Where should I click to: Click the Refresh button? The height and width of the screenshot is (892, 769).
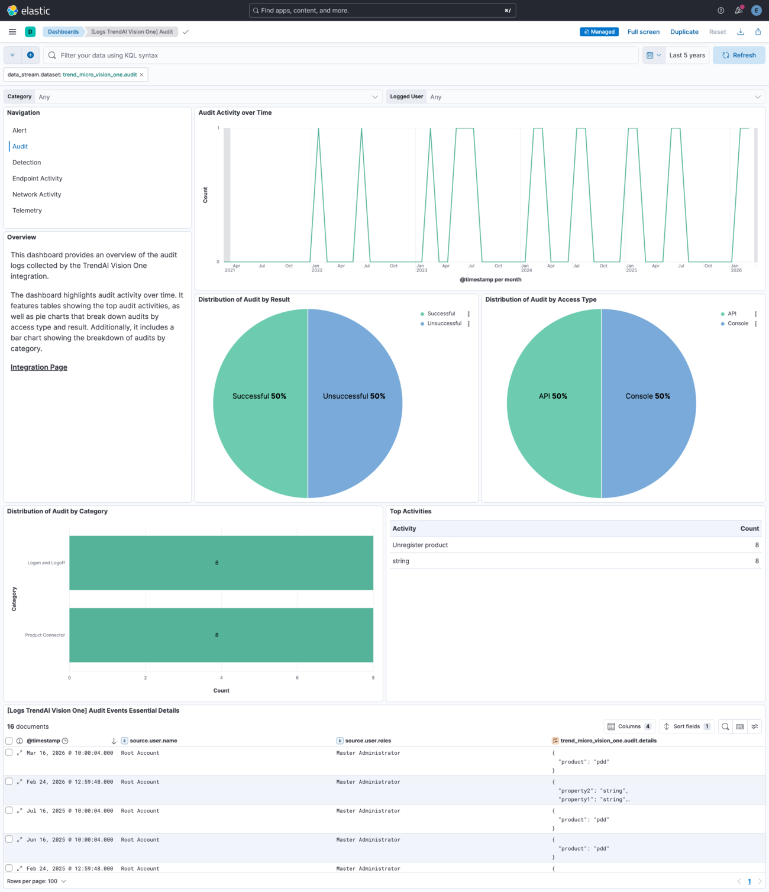[739, 55]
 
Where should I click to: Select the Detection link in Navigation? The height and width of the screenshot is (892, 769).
[27, 162]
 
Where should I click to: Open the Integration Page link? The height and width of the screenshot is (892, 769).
[39, 367]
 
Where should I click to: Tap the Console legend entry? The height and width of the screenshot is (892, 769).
[738, 324]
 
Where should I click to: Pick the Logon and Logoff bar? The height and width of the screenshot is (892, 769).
[221, 563]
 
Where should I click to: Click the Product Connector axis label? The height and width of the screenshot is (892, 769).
[45, 635]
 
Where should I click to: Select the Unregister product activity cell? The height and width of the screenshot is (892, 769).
[420, 545]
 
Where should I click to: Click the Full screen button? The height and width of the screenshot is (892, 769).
[643, 32]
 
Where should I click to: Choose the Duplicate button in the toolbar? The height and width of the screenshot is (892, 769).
[684, 32]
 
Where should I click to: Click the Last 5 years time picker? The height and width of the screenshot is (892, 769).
[687, 55]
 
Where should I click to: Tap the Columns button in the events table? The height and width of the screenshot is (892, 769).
[629, 726]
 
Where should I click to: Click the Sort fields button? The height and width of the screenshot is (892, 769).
[686, 726]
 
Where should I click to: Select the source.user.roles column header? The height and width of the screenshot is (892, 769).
[368, 741]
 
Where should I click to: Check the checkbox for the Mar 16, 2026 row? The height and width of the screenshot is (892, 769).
[9, 752]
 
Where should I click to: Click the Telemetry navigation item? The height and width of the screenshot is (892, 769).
[27, 211]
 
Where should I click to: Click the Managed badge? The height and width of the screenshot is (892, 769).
[599, 32]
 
